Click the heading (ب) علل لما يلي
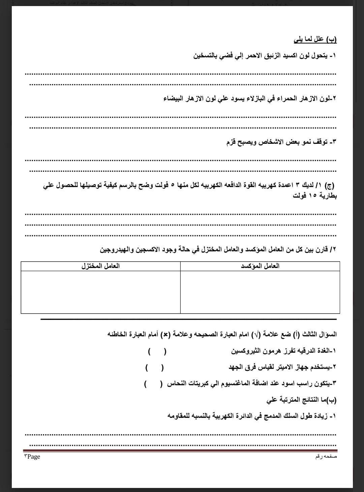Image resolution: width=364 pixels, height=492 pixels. click(x=315, y=40)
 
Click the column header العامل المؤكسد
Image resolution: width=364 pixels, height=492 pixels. click(x=260, y=266)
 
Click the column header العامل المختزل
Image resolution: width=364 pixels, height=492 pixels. click(x=100, y=266)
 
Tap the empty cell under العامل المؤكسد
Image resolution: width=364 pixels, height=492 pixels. click(x=260, y=292)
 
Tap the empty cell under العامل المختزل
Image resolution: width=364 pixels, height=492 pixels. click(x=100, y=292)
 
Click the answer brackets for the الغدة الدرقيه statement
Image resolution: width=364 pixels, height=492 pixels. click(x=157, y=352)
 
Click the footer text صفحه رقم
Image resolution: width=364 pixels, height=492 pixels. click(x=326, y=457)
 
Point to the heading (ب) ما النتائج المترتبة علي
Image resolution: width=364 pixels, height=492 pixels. click(x=301, y=400)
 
